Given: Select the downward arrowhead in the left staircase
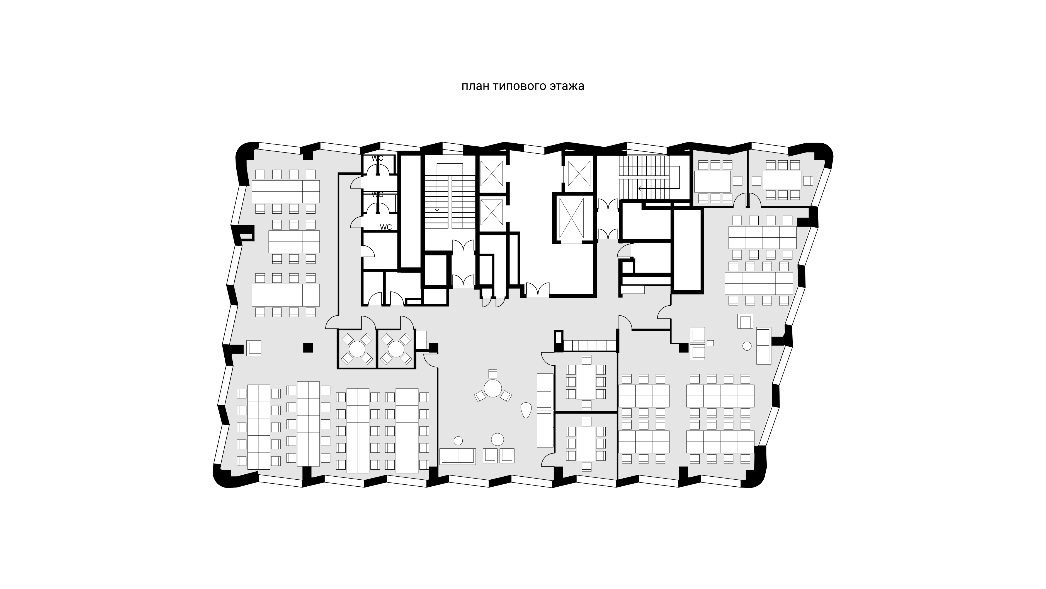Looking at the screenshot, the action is pyautogui.click(x=437, y=210).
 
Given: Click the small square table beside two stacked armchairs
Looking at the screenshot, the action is pyautogui.click(x=710, y=343).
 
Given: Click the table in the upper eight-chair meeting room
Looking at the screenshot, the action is pyautogui.click(x=586, y=382).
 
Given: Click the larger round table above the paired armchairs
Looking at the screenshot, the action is pyautogui.click(x=497, y=440).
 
